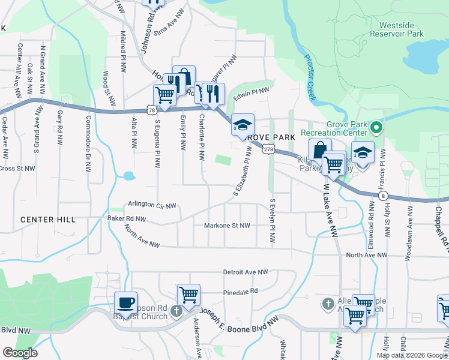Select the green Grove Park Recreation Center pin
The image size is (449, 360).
click(376, 127)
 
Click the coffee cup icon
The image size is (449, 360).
click(125, 302)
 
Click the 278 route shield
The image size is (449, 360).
click(268, 149)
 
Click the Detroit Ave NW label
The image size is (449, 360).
click(245, 272)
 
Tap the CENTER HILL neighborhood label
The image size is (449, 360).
click(48, 220)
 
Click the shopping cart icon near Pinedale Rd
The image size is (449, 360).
click(188, 295)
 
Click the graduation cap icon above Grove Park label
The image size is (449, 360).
click(243, 125)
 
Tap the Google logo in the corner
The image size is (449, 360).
click(20, 353)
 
